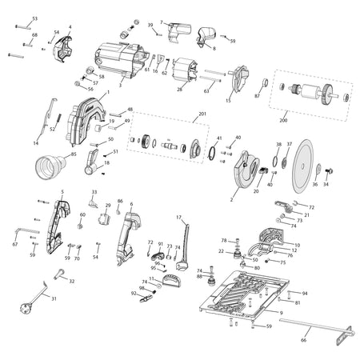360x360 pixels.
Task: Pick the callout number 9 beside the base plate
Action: [x=281, y=311]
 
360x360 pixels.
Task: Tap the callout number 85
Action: [x=74, y=154]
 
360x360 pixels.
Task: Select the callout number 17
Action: [x=179, y=217]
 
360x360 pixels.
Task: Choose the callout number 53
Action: [x=34, y=18]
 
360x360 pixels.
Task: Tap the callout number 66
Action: [x=302, y=340]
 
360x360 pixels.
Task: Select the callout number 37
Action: [x=290, y=144]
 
